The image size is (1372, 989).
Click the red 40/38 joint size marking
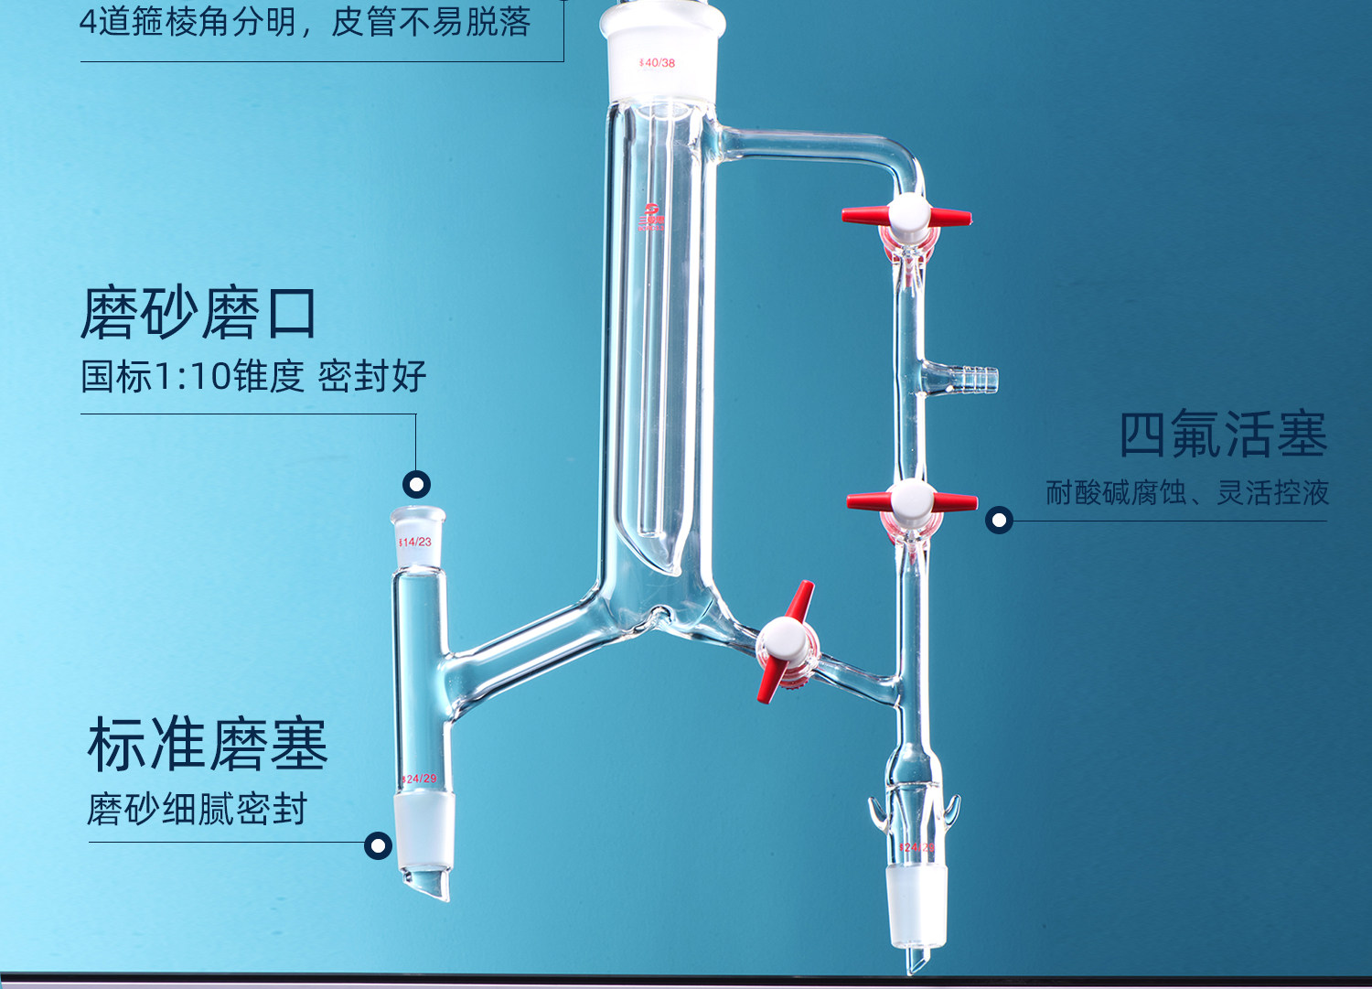[x=657, y=63]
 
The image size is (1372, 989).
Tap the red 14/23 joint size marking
[x=415, y=543]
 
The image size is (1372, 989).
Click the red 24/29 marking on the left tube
[x=419, y=779]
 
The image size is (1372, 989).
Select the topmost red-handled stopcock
[x=907, y=218]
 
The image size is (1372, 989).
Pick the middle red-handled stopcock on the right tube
[x=912, y=501]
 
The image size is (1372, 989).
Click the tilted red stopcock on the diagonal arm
[x=785, y=641]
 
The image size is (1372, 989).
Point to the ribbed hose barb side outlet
[x=971, y=378]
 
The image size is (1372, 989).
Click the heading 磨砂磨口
[x=198, y=314]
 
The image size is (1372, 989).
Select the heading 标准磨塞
[x=208, y=745]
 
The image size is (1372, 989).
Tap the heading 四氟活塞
[x=1223, y=435]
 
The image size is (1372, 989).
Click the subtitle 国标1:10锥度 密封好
[x=253, y=376]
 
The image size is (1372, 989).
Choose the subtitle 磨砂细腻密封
[x=198, y=809]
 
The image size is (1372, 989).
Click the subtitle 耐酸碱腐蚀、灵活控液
[x=1187, y=493]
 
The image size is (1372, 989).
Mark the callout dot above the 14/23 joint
[x=416, y=484]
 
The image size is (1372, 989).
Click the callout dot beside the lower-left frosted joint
[x=378, y=845]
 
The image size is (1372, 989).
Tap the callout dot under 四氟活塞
[x=999, y=521]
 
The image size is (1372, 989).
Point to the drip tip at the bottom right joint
[x=916, y=960]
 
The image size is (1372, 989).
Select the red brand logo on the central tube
[x=652, y=217]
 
